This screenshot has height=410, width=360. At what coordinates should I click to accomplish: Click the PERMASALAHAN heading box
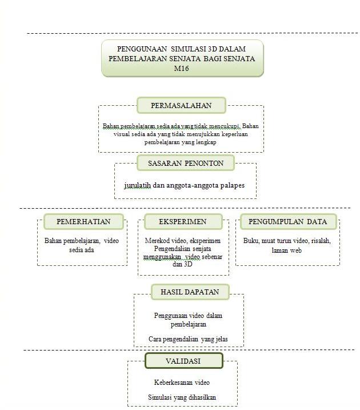(181, 105)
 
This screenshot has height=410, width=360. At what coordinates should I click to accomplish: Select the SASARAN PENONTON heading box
(186, 163)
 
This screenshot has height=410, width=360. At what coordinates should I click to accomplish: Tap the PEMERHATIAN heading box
(83, 221)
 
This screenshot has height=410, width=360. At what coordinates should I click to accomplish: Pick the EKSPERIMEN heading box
(183, 221)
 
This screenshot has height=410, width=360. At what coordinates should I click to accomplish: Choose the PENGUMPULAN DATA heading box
(288, 221)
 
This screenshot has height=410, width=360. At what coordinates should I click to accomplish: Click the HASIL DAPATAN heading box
(190, 292)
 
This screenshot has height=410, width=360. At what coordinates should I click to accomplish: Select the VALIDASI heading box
(184, 361)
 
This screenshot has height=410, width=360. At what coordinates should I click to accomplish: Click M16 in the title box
(182, 69)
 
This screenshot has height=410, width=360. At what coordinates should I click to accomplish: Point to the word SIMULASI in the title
(189, 49)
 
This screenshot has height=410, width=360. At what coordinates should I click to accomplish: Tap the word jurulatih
(138, 185)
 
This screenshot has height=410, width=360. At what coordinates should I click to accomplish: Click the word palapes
(233, 186)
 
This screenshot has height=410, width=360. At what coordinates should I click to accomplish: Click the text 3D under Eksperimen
(188, 264)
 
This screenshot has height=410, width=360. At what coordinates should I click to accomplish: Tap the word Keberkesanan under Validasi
(173, 383)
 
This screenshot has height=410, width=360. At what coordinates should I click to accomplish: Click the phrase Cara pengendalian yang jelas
(188, 339)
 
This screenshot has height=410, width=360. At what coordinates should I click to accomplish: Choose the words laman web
(287, 250)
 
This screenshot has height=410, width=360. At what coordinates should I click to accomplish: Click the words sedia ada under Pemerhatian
(82, 250)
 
